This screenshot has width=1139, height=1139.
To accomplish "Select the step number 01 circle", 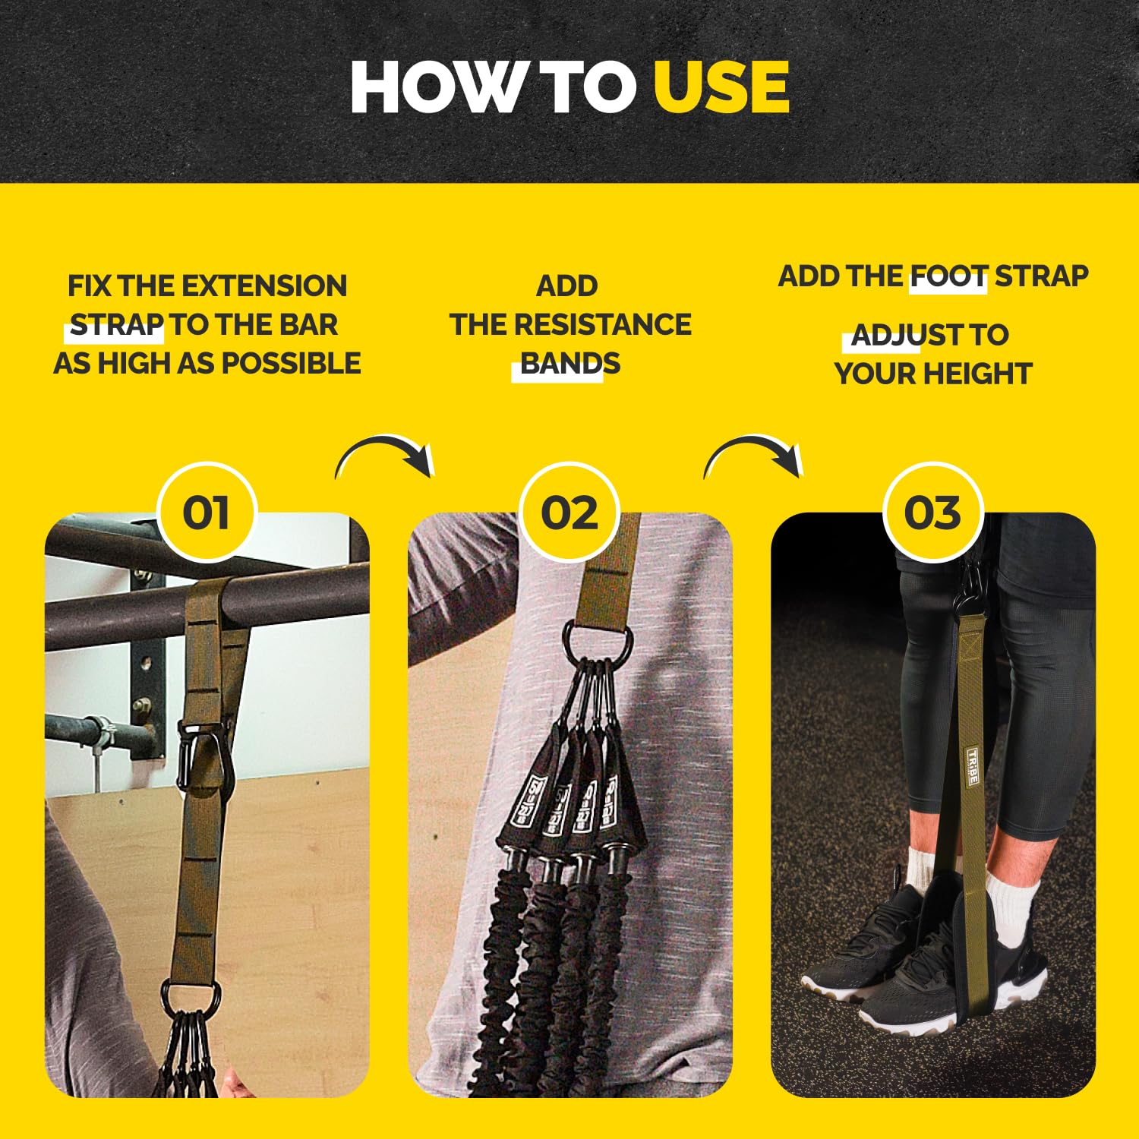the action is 207,513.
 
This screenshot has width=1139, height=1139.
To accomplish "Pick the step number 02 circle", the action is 569,513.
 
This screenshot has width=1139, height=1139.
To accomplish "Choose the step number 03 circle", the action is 933,513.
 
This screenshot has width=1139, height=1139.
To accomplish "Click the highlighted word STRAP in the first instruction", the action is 117,325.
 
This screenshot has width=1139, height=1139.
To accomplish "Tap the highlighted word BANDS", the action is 570,364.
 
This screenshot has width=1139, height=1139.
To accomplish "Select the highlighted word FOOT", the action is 949,276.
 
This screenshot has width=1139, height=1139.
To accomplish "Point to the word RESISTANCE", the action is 603,325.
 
